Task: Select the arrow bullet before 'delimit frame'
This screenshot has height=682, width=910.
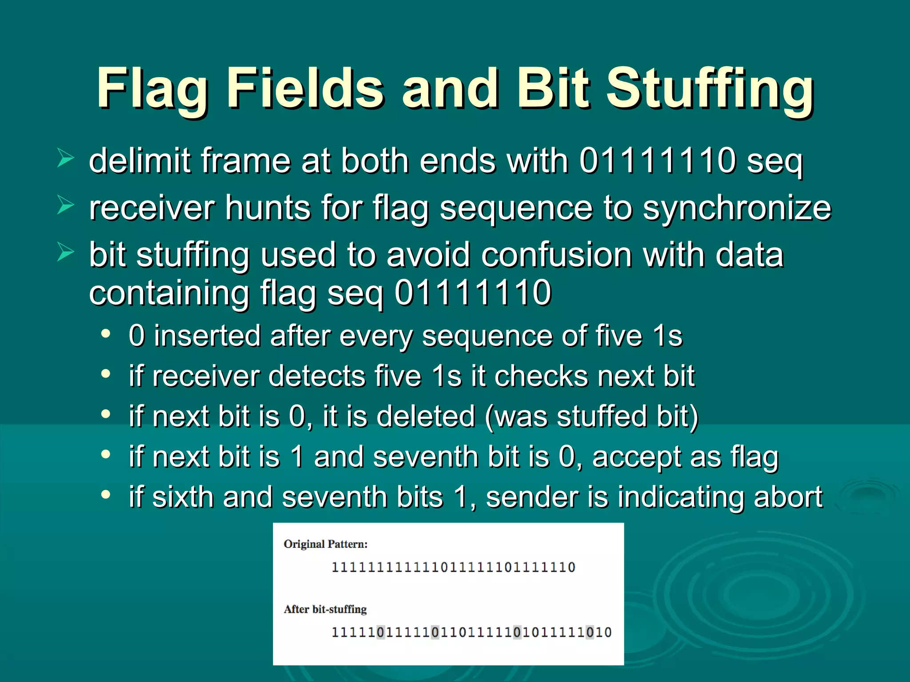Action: (65, 159)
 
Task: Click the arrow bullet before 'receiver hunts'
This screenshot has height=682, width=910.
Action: (65, 206)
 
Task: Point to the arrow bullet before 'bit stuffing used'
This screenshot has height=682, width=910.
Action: (65, 253)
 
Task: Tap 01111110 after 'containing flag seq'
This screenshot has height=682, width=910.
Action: (473, 293)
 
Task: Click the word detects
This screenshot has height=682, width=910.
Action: (317, 376)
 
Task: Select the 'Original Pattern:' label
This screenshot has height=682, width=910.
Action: (326, 544)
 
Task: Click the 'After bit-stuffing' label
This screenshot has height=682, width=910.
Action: (325, 609)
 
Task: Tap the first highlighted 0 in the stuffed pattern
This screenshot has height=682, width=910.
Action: (380, 632)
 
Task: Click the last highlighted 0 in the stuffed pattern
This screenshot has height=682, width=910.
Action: (590, 632)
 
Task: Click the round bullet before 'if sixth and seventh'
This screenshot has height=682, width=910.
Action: (105, 494)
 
